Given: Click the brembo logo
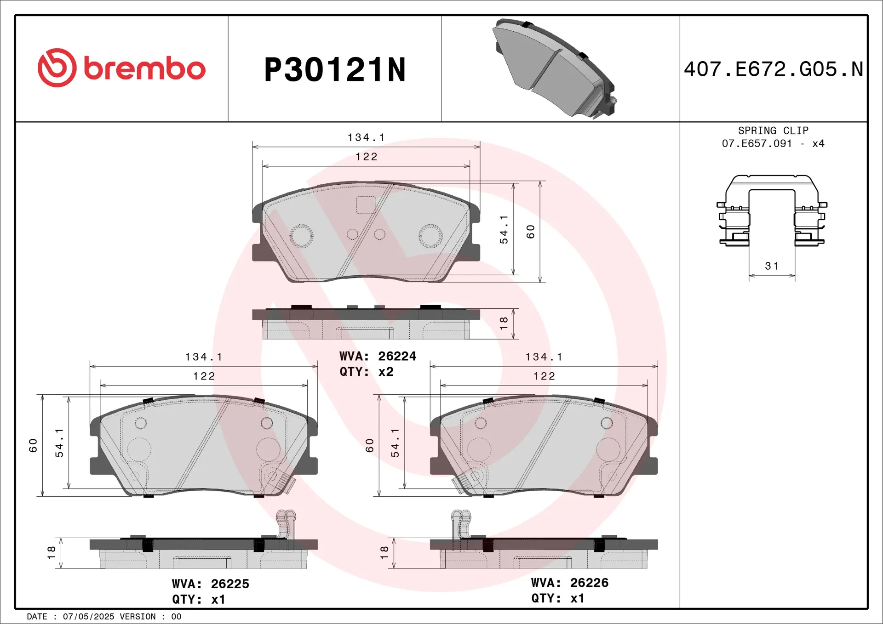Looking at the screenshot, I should (x=121, y=68).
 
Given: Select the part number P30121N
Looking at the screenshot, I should (x=335, y=70).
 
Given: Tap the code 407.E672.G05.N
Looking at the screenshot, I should (x=773, y=69).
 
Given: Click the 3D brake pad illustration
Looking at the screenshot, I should (x=556, y=69).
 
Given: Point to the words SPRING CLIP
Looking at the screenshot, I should (x=773, y=130).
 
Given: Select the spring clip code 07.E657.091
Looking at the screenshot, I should (x=757, y=143).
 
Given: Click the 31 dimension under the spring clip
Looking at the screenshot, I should (x=772, y=266).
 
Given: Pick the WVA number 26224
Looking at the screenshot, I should (x=397, y=356).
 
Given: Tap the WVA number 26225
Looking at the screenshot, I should (x=230, y=584).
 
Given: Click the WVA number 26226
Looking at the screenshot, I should (x=589, y=583).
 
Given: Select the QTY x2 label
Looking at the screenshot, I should (x=367, y=372).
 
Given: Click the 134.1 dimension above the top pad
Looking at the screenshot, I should (x=366, y=137).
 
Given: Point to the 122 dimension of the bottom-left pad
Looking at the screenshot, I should (x=204, y=376).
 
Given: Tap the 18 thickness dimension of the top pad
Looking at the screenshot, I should (x=504, y=323).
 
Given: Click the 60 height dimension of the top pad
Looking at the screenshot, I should (x=531, y=232).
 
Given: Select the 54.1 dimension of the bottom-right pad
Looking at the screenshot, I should (x=395, y=443).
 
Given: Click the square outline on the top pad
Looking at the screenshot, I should (x=366, y=205).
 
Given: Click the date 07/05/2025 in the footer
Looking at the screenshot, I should (x=88, y=617).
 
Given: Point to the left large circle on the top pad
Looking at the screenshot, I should (x=302, y=236).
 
